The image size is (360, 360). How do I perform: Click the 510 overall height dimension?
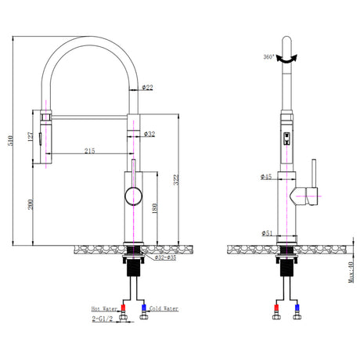tap(10, 140)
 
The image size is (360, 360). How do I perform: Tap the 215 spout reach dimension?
tap(90, 150)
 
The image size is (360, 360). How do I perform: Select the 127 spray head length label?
tap(31, 137)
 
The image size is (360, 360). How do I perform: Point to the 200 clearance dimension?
tap(31, 204)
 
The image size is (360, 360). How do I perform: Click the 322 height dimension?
tap(176, 180)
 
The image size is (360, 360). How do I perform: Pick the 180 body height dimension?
tap(154, 209)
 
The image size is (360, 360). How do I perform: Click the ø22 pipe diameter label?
tap(148, 88)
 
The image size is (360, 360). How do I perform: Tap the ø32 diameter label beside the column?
tap(149, 134)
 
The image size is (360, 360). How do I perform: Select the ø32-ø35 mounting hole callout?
tap(165, 257)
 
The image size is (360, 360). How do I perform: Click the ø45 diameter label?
tap(266, 177)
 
